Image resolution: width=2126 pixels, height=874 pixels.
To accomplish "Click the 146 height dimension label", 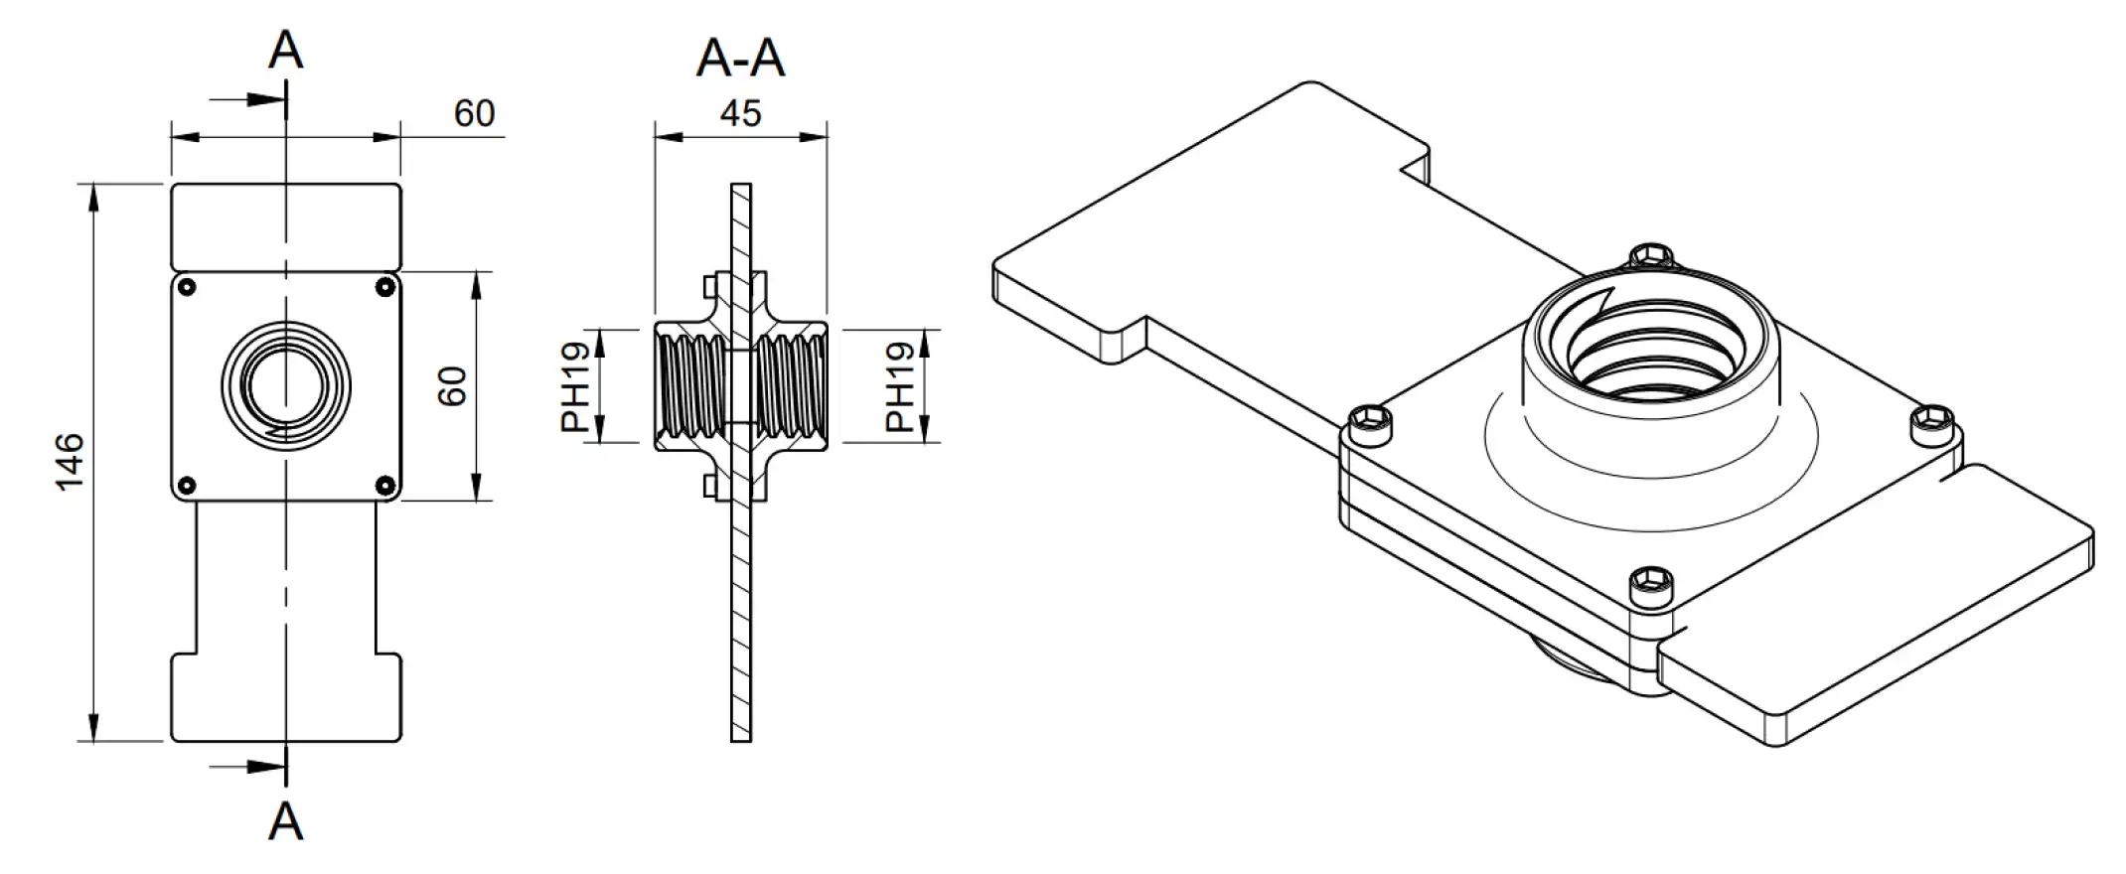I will click(x=70, y=461).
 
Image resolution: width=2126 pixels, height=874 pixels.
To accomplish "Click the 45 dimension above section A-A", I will click(x=740, y=113).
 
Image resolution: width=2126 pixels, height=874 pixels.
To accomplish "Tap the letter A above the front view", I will click(x=285, y=50).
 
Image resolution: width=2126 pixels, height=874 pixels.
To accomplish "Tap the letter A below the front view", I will click(x=285, y=822).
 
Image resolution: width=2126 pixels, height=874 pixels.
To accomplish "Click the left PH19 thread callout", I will click(x=576, y=386).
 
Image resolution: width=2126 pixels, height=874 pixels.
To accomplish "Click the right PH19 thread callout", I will click(x=900, y=386).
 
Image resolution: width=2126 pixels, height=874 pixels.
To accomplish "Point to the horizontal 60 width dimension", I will click(x=474, y=113).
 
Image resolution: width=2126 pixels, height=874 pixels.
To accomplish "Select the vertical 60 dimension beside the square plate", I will click(x=452, y=385).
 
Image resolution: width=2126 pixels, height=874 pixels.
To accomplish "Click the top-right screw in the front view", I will click(x=385, y=288).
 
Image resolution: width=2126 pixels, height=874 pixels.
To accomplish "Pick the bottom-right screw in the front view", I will click(x=385, y=486).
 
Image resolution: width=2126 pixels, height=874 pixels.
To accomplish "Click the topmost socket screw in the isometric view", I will click(x=1650, y=256).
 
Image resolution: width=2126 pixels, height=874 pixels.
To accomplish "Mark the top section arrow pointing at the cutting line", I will click(x=248, y=99).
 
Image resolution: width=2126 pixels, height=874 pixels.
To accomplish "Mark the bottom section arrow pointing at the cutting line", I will click(x=248, y=767).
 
